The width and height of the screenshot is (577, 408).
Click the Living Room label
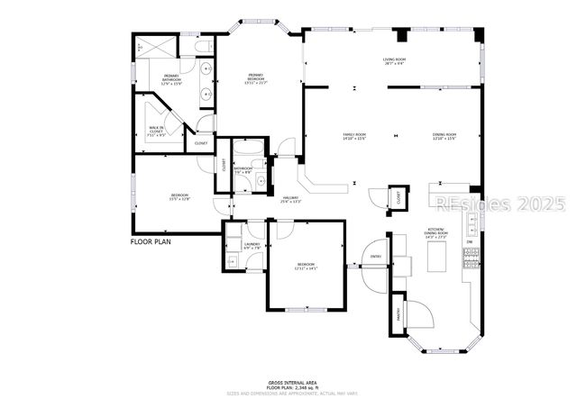(394, 61)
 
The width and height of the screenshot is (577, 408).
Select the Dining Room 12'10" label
(444, 137)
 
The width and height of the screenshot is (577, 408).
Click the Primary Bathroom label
(171, 79)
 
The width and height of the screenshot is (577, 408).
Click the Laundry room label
(252, 246)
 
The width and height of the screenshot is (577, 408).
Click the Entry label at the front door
(376, 257)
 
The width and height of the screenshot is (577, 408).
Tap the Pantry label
(399, 313)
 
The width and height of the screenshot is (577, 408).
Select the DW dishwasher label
(469, 241)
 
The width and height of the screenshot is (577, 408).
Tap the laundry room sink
(230, 261)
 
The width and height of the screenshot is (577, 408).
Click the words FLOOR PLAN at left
(151, 241)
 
